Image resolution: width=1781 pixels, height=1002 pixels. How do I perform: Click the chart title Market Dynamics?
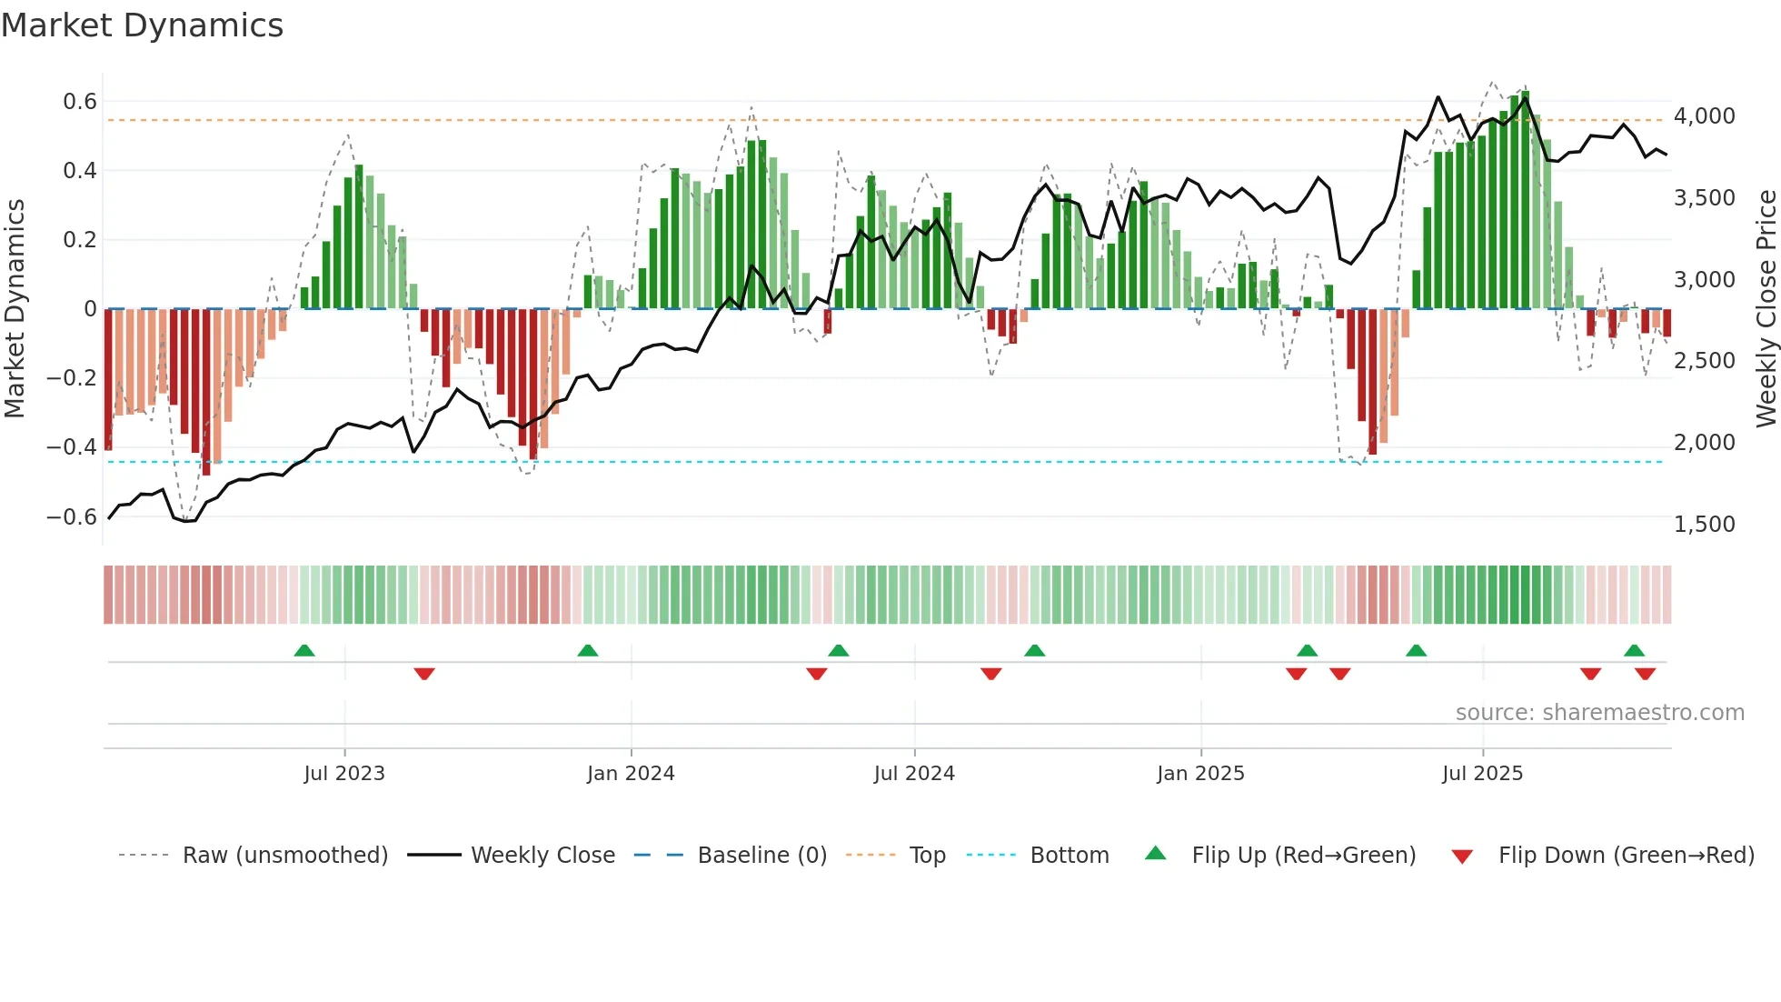tap(143, 25)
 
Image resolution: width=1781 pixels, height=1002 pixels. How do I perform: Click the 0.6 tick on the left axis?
tap(79, 101)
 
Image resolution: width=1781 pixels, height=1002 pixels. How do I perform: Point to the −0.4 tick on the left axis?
tap(72, 446)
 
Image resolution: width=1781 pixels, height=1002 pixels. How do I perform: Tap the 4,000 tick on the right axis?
tap(1704, 115)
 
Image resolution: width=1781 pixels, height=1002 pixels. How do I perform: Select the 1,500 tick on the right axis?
tap(1704, 524)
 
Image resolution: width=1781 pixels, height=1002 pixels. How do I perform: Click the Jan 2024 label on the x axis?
tap(631, 773)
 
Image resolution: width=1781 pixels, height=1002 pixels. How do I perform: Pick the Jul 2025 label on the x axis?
tap(1482, 773)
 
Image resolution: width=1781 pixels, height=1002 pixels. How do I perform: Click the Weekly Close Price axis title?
tap(1766, 308)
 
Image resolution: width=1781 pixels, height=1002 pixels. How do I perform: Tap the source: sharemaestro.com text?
tap(1599, 712)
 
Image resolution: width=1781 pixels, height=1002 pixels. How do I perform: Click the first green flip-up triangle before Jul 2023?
tap(304, 650)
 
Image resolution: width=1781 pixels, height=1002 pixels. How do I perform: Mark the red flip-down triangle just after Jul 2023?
tap(424, 674)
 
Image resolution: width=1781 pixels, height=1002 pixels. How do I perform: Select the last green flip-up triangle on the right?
tap(1634, 650)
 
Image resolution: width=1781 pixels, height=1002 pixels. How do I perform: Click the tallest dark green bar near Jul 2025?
tap(1525, 200)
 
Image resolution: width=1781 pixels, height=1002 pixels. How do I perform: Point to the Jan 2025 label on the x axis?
tap(1200, 773)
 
